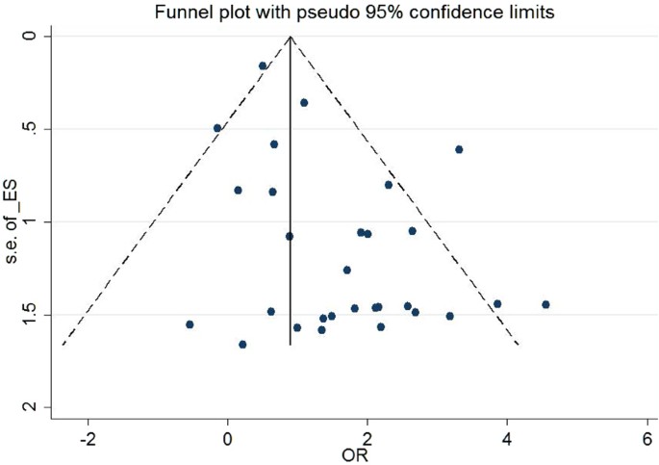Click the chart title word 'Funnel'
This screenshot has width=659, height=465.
175,12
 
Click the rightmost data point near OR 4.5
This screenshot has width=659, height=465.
545,304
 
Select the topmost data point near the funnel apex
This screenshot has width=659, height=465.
263,65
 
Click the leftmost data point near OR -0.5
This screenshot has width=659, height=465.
190,324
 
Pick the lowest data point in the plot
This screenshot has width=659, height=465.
242,344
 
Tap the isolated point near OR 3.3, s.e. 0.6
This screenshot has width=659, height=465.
459,149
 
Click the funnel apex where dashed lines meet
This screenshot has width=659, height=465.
291,36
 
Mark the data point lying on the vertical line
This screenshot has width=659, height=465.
289,236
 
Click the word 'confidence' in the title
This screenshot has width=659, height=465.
413,12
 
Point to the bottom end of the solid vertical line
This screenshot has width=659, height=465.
291,344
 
